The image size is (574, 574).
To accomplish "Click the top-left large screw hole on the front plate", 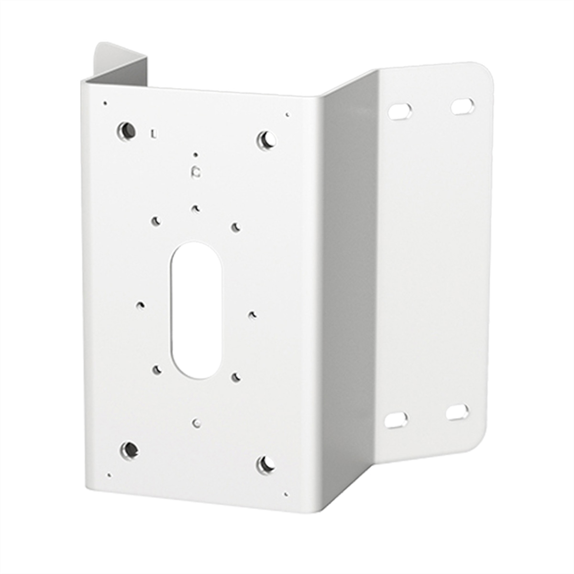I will click(126, 130).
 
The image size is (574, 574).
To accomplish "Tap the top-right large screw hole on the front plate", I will click(265, 140).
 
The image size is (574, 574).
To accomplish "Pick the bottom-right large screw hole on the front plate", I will click(265, 464).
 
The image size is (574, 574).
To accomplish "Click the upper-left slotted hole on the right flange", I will click(400, 111).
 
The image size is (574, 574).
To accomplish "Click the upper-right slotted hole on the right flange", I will click(463, 106).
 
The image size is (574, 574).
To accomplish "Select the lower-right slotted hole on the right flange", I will click(457, 412).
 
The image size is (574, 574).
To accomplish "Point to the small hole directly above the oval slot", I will click(195, 208).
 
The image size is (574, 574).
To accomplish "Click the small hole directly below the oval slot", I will click(196, 423).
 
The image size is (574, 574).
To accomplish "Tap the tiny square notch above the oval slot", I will click(195, 172).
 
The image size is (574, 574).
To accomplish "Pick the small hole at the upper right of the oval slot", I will click(235, 226).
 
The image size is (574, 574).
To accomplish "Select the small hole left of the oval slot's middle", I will click(141, 305).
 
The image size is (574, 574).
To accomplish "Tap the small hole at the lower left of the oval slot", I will click(156, 369).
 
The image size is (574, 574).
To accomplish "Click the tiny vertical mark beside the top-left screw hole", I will click(152, 133).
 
